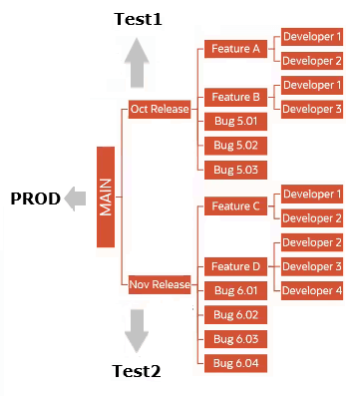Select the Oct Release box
coord(160,109)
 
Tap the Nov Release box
coord(160,284)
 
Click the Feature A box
coord(235,48)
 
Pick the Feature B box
coord(235,97)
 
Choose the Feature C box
coord(235,206)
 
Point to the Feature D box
coord(235,266)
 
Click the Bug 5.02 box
coord(235,146)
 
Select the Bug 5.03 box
coord(235,170)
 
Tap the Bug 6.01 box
coord(235,290)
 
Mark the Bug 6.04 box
coord(235,362)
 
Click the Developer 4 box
coord(312,290)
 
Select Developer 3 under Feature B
coord(312,109)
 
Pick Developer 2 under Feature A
coord(312,61)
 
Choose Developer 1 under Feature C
coord(312,194)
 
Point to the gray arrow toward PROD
coord(76,198)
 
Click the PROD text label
coord(35,198)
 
